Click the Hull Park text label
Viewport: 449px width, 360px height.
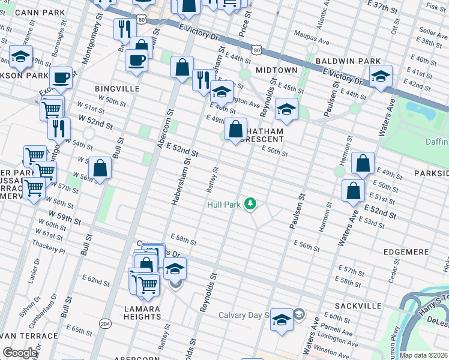click(x=224, y=205)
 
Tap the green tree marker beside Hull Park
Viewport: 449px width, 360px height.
click(x=251, y=205)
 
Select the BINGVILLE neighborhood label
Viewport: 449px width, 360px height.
click(x=117, y=88)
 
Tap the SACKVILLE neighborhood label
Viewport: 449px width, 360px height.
click(x=358, y=306)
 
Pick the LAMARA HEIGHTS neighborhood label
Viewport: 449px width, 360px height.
click(x=143, y=313)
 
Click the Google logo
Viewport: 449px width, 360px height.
click(x=20, y=353)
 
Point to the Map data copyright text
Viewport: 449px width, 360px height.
click(x=423, y=355)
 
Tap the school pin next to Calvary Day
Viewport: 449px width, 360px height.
click(x=281, y=319)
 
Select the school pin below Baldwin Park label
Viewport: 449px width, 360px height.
click(x=381, y=76)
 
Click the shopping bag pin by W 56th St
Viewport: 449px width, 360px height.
click(x=100, y=168)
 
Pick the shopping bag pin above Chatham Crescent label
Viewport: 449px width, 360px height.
click(x=237, y=129)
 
